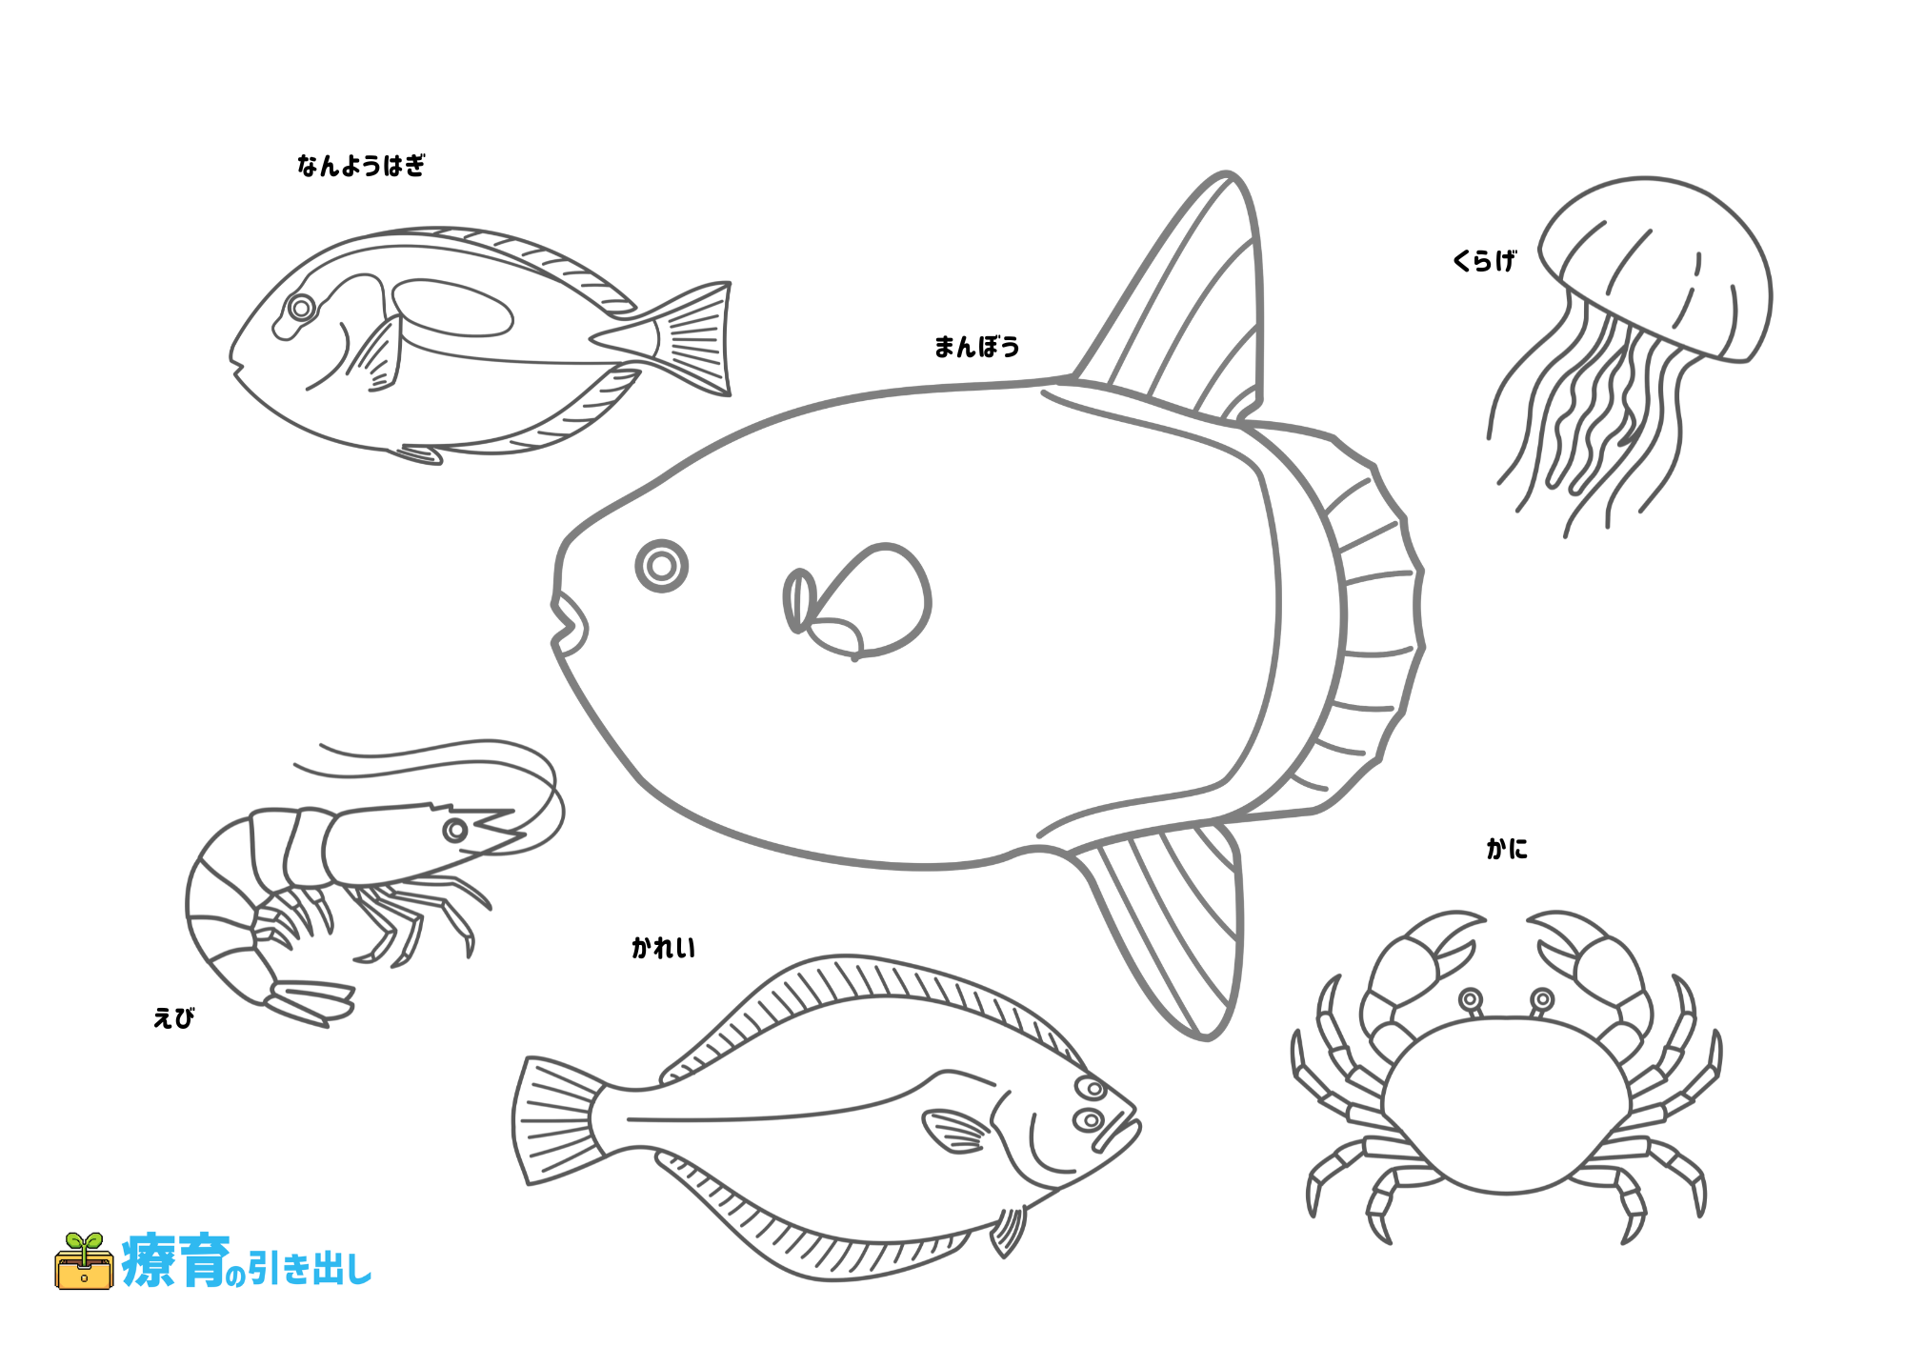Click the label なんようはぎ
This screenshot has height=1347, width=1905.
(361, 166)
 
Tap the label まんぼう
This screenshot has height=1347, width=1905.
(976, 347)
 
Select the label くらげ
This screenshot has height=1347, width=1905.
(1484, 260)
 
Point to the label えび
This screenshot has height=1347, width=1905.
(173, 1017)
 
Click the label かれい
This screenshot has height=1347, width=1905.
(663, 947)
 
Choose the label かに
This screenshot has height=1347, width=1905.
(1506, 848)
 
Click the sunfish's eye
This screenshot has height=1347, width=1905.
(662, 566)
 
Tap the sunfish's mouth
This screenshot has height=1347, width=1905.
(571, 624)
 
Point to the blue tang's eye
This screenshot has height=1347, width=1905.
(301, 308)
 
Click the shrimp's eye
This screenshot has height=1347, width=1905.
(455, 830)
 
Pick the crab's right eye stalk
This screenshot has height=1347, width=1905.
(1540, 1002)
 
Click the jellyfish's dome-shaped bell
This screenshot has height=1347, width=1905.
(1655, 267)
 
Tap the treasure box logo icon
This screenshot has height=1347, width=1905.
(84, 1261)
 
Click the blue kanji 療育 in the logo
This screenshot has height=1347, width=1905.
(176, 1260)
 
